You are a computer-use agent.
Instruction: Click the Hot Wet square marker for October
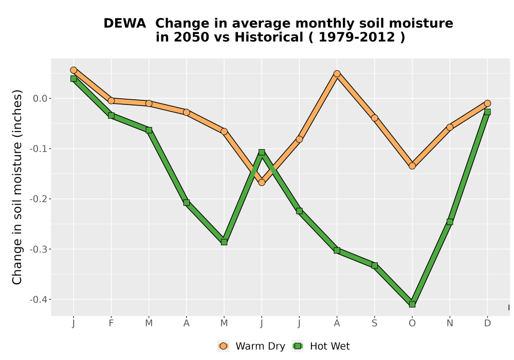(x=412, y=304)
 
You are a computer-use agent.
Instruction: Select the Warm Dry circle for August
(x=337, y=74)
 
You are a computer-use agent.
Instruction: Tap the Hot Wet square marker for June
(x=262, y=152)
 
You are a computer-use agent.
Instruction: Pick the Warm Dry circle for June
(x=262, y=182)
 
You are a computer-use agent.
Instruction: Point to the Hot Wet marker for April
(x=187, y=203)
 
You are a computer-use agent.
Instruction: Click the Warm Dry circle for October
(x=412, y=166)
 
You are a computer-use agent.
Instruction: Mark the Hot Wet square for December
(x=487, y=112)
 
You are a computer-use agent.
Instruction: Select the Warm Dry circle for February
(x=111, y=101)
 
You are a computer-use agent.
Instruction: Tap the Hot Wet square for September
(x=375, y=265)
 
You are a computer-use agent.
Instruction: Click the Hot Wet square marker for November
(x=450, y=222)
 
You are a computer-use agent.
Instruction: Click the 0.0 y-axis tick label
(x=40, y=98)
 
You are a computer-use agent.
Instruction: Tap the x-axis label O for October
(x=412, y=323)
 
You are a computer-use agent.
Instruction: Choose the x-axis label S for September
(x=375, y=323)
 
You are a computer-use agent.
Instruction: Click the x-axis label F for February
(x=111, y=323)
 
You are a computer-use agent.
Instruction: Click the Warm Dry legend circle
(x=223, y=346)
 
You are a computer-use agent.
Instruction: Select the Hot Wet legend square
(x=298, y=346)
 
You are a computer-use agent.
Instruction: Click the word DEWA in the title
(x=124, y=24)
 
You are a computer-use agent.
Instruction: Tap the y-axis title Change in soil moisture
(x=17, y=187)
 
